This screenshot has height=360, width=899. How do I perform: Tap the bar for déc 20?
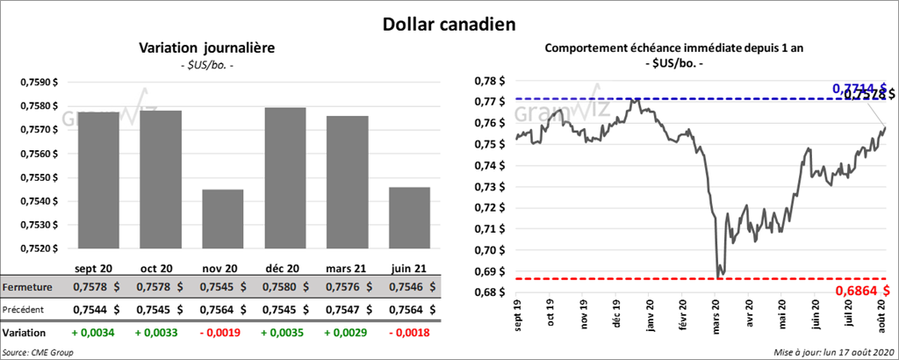286,179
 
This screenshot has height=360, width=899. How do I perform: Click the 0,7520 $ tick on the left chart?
38,248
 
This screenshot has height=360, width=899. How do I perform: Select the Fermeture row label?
28,287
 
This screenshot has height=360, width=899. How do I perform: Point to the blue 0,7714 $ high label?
856,89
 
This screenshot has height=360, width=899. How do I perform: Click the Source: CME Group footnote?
38,352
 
